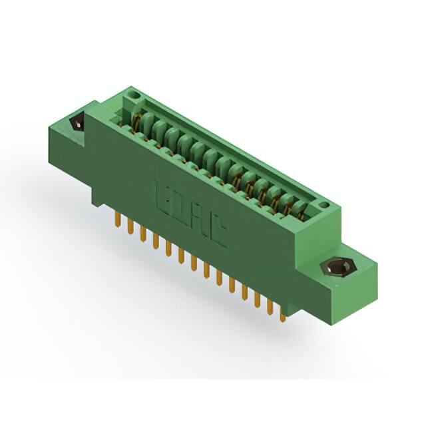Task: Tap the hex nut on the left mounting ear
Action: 77,123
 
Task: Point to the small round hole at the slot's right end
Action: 323,206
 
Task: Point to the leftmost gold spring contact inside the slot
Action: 136,123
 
